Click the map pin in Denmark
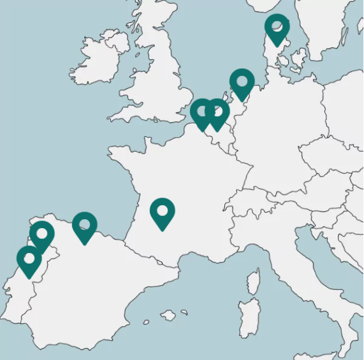point(277,27)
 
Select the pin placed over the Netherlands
point(242,82)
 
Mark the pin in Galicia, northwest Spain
point(42,234)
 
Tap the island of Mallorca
point(168,315)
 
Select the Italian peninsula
point(300,268)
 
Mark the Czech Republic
point(325,156)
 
